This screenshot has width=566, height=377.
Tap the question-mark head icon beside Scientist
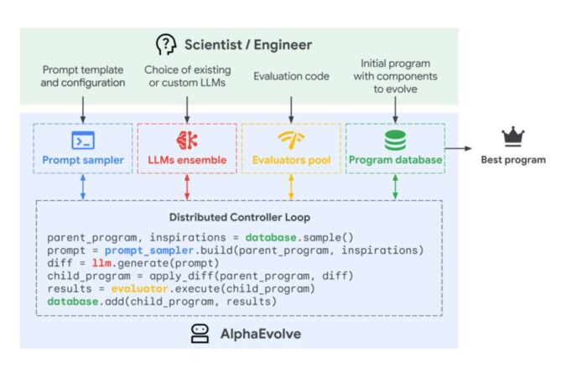[166, 45]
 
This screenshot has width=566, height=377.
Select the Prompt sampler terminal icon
[83, 140]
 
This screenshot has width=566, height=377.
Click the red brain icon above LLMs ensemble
[186, 140]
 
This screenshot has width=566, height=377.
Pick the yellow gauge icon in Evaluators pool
[290, 140]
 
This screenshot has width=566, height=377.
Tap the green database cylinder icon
[395, 140]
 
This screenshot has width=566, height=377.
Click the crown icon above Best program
[512, 137]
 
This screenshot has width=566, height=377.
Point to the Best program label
[512, 159]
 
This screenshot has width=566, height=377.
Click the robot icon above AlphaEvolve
[200, 333]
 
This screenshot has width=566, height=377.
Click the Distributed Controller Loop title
[239, 217]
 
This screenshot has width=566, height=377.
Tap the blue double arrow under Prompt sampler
[83, 187]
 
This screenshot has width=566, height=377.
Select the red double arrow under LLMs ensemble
[186, 187]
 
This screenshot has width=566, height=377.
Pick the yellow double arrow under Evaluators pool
[290, 187]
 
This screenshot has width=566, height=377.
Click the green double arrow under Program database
[395, 187]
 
